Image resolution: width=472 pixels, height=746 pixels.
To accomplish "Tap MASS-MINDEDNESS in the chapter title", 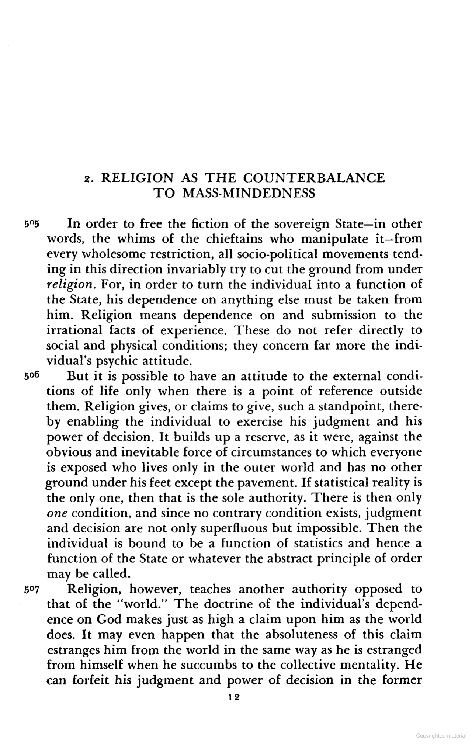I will click(249, 193).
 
